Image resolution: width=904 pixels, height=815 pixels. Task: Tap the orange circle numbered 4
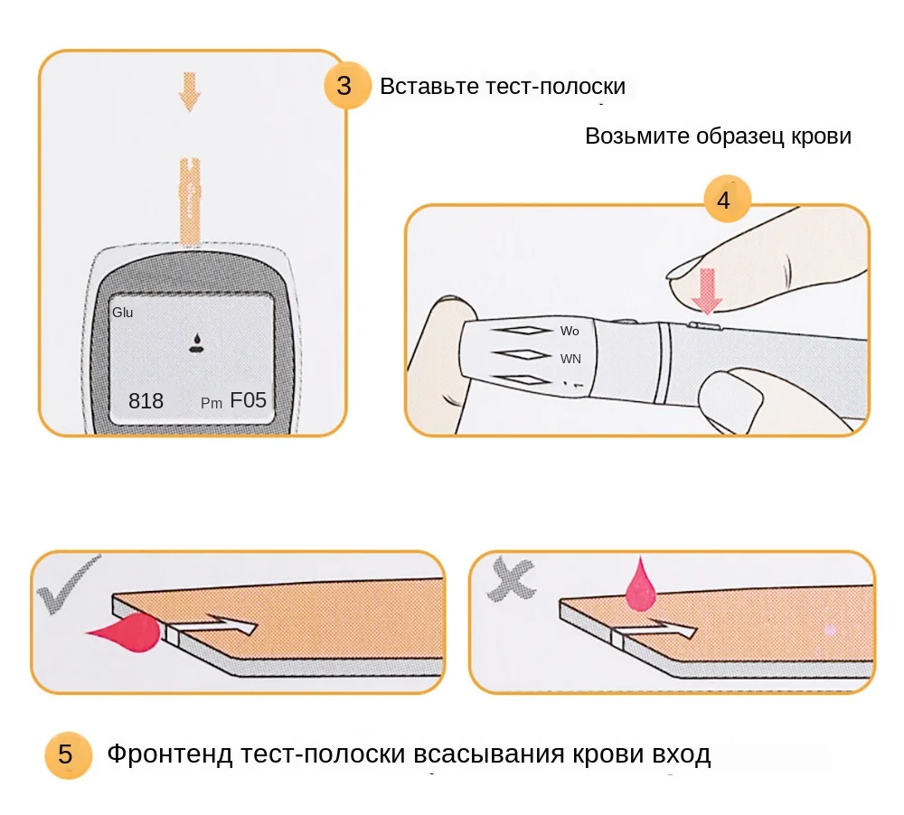point(723,201)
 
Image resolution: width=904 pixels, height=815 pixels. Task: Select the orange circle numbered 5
point(66,754)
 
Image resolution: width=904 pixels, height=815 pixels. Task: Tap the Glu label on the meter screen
point(123,313)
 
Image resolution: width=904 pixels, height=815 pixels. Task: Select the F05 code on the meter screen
point(248,400)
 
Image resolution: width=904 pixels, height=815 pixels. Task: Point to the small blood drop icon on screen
point(194,342)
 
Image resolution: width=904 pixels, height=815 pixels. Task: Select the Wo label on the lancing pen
point(570,332)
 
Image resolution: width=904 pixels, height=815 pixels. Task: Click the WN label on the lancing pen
point(570,359)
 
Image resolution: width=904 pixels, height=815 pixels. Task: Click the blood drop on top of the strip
point(641,585)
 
